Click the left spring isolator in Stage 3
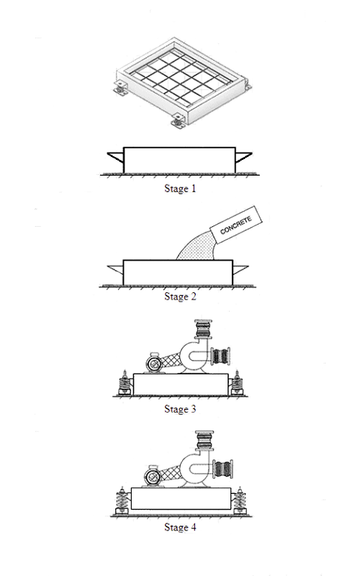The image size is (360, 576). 123,381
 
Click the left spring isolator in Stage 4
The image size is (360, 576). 123,499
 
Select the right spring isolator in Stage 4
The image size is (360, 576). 240,499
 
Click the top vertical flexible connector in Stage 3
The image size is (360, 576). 204,329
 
